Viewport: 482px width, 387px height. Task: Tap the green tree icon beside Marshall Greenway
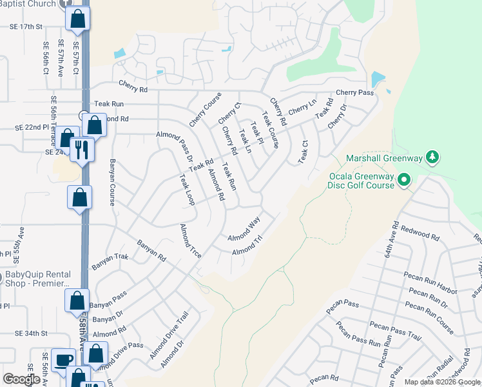(x=434, y=157)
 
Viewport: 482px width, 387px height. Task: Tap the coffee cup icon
(x=64, y=360)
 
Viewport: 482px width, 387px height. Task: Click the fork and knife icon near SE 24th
(x=82, y=150)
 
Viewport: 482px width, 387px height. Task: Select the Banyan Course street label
(x=112, y=182)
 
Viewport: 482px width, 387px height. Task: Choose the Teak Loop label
(x=187, y=190)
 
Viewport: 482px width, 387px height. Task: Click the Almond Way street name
(x=244, y=230)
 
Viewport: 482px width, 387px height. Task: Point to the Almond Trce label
(x=191, y=242)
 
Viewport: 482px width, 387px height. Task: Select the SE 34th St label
(x=32, y=333)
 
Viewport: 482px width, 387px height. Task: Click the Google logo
(x=21, y=379)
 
